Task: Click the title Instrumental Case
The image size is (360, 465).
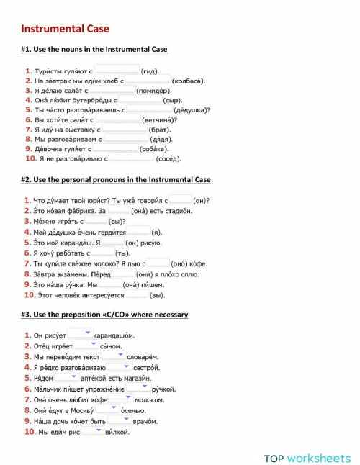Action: tap(65, 29)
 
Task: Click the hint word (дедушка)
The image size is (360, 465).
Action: tap(192, 110)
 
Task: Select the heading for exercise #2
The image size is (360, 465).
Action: tap(116, 179)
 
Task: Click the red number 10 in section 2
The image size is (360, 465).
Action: tap(30, 294)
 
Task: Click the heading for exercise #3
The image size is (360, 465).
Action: tap(104, 315)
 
